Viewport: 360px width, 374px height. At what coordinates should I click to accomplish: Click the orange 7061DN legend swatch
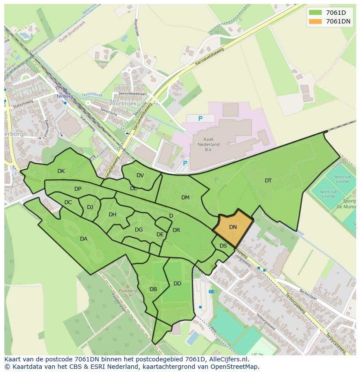pos(316,21)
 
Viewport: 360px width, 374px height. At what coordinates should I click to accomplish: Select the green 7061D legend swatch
pos(316,13)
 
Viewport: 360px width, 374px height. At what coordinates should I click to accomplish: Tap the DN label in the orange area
pos(233,227)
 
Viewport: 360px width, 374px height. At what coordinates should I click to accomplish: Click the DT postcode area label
pos(268,181)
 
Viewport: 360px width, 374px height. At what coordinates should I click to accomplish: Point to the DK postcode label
pos(61,171)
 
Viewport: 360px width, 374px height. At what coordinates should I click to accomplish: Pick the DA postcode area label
pos(83,239)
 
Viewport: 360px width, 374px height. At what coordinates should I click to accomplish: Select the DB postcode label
pos(153,289)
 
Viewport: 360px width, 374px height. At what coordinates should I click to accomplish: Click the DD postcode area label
pos(177,284)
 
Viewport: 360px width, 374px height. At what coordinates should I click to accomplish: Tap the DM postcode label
pos(185,198)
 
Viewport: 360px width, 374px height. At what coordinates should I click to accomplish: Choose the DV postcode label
pos(140,175)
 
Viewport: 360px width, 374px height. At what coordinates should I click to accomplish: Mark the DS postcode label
pos(223,246)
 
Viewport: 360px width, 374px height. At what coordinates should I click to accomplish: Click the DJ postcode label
pos(90,207)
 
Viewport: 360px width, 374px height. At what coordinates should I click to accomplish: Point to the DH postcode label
pos(113,215)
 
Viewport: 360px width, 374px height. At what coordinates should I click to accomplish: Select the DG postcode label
pos(139,230)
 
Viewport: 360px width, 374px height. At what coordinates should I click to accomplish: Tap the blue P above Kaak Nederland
pos(200,119)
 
